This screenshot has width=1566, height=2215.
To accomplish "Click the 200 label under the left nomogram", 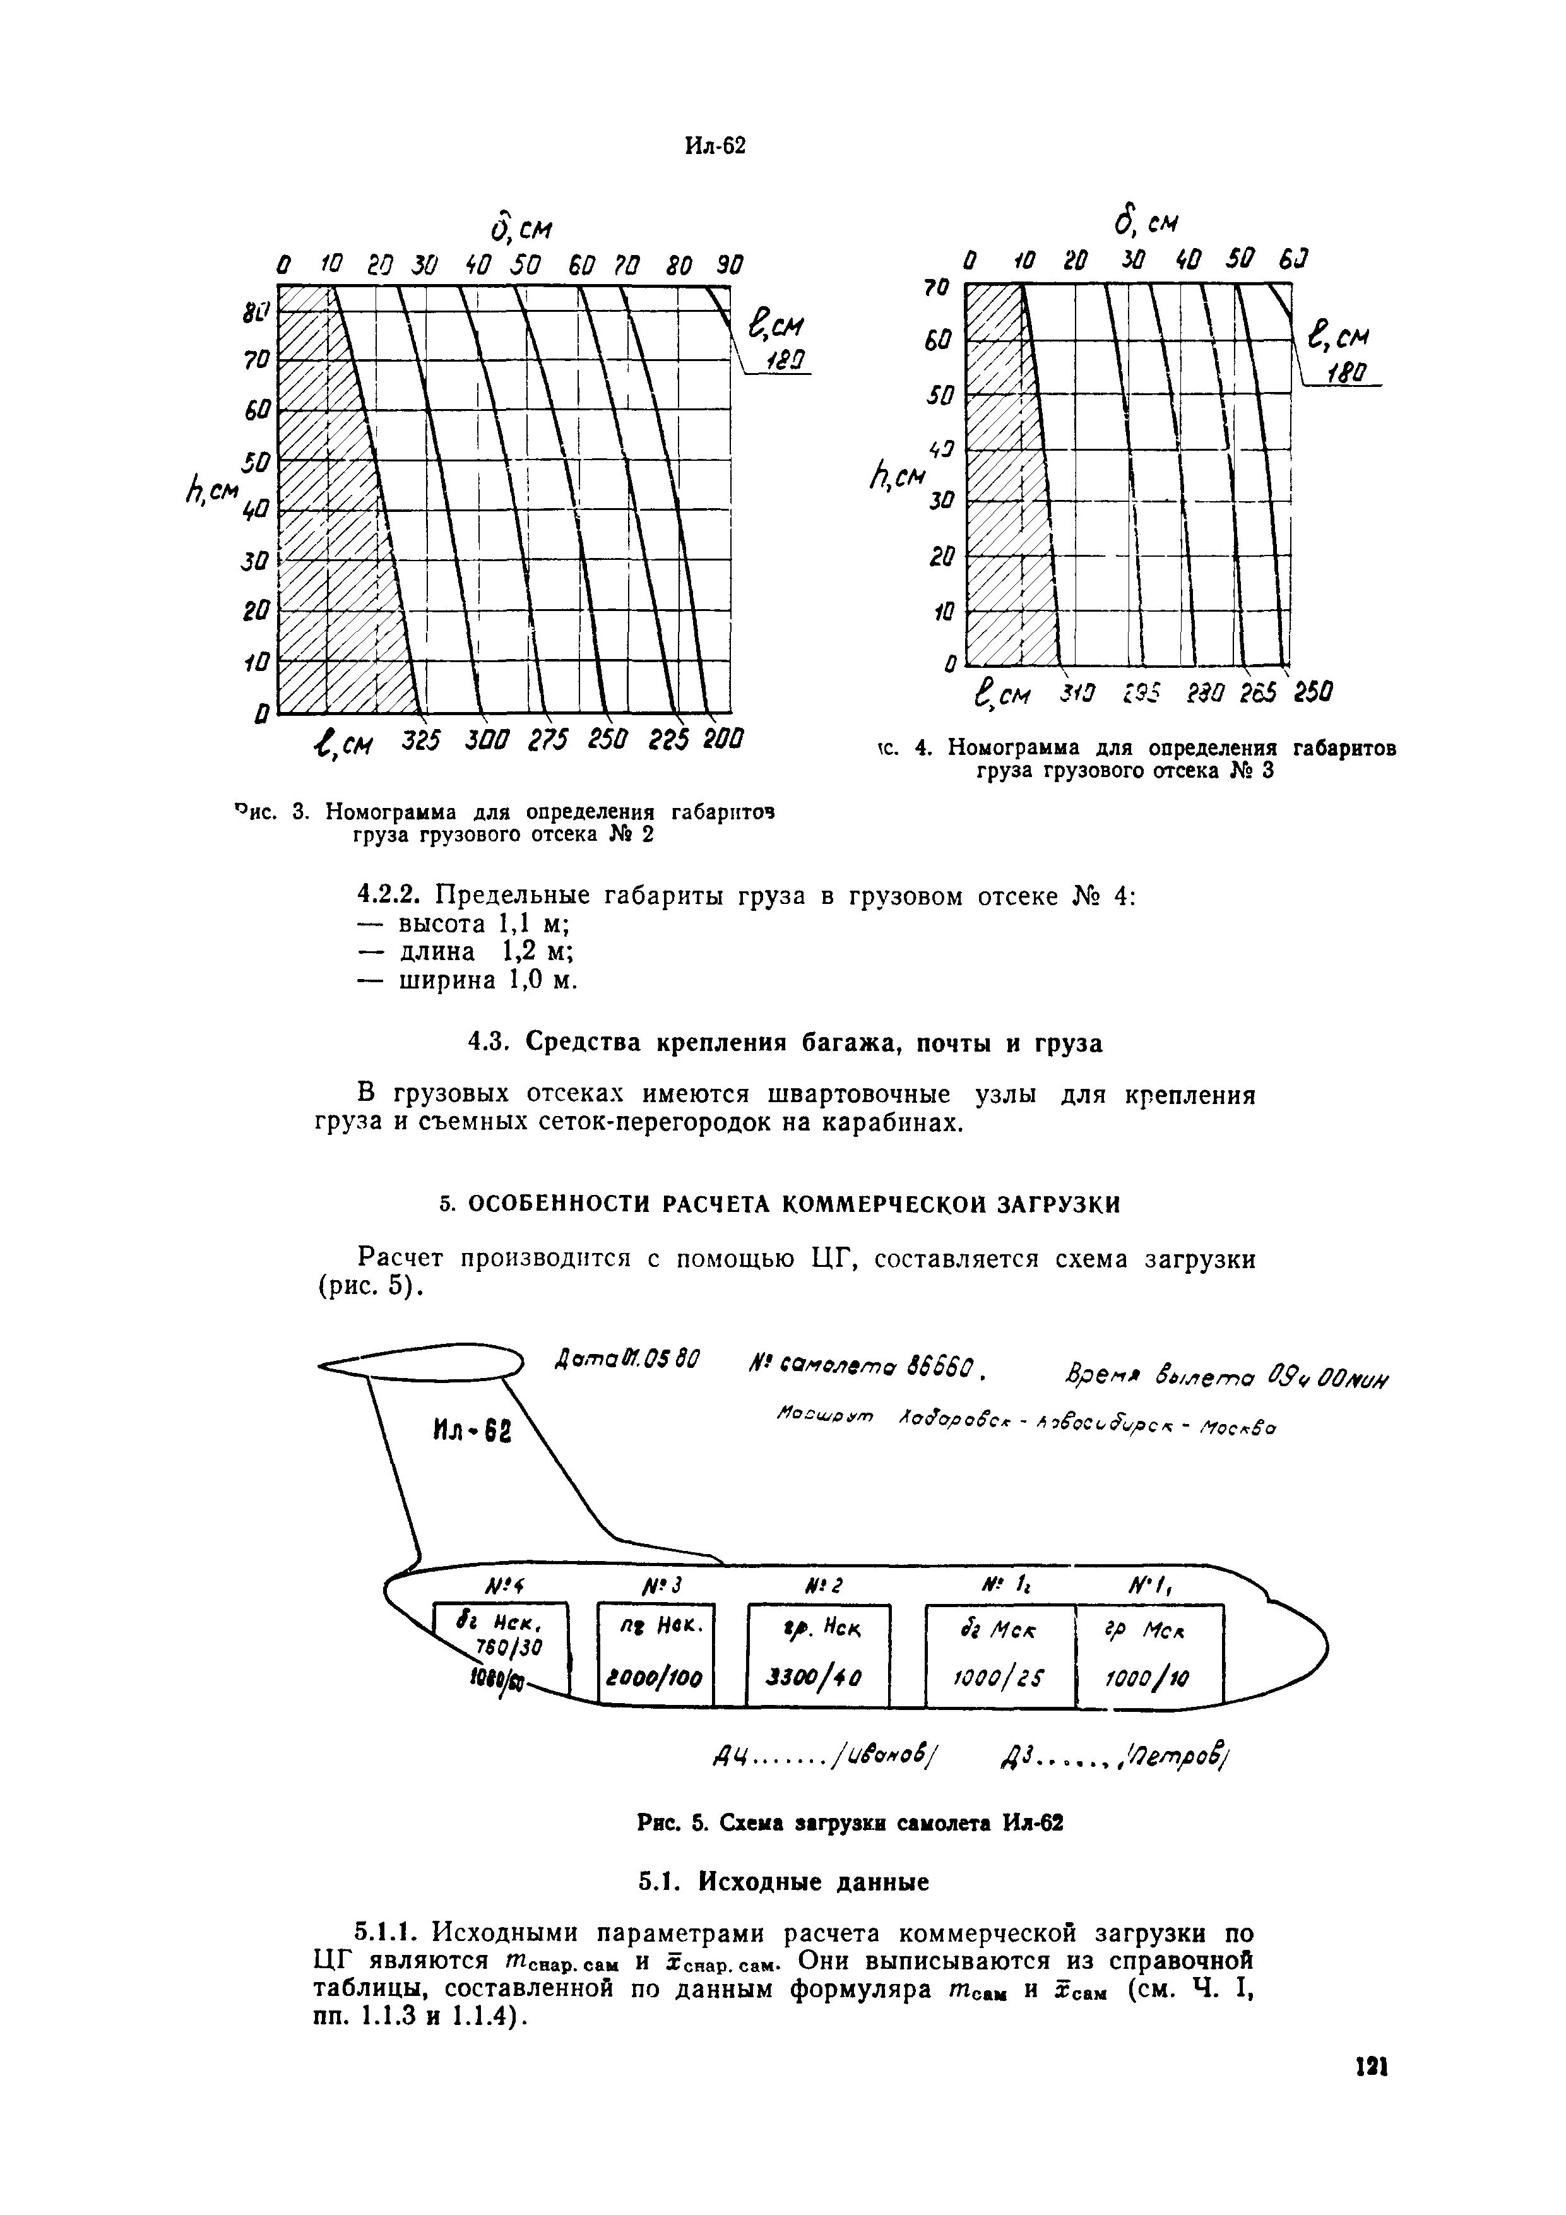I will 721,741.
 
